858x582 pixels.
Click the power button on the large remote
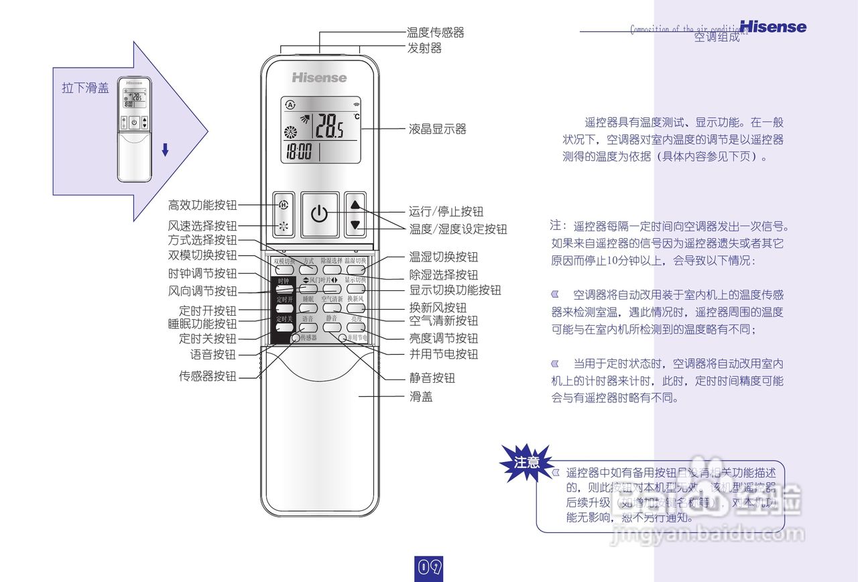coord(320,215)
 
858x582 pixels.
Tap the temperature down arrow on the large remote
coord(355,225)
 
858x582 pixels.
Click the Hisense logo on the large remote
coord(319,78)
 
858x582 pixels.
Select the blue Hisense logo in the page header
coord(773,27)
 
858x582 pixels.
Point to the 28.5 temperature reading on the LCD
coord(329,125)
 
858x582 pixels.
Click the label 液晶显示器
coord(437,129)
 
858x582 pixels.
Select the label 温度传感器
coord(435,32)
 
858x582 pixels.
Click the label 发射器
coord(424,48)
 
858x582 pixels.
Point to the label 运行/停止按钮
coord(446,211)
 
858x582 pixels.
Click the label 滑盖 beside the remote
coord(421,397)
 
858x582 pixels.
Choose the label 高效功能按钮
coord(202,205)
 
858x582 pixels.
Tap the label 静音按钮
coord(432,378)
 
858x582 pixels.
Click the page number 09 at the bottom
coord(429,567)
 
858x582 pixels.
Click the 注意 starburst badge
coord(526,463)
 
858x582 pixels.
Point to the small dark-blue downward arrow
coord(165,150)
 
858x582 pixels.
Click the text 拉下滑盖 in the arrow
coord(85,89)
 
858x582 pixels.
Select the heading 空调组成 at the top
coord(717,38)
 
